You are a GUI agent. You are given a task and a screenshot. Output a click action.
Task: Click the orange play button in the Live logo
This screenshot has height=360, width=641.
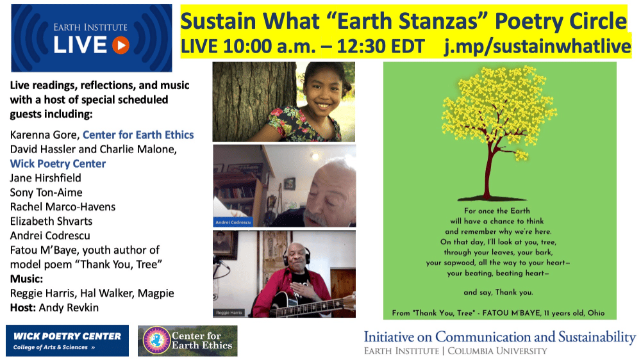coord(121,45)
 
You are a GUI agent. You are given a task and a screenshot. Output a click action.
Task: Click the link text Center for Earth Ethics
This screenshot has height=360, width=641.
coord(138,135)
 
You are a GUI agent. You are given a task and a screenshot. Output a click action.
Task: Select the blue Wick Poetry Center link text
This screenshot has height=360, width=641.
coord(58,164)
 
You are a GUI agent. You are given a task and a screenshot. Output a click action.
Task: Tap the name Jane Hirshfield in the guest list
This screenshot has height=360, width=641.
coord(46,178)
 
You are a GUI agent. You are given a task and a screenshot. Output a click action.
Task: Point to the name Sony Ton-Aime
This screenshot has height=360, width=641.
coord(46,192)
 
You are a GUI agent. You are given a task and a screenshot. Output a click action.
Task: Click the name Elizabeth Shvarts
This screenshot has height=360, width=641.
coord(51,221)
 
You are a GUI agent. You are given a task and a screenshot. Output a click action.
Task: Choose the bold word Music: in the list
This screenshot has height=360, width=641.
coord(26,279)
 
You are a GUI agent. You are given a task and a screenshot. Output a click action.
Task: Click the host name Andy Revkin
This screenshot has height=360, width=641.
coord(69,307)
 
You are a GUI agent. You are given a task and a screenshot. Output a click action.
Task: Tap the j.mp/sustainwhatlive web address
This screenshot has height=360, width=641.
coord(538,46)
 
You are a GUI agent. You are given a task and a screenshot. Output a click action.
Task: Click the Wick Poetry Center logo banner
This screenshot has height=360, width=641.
coord(67,340)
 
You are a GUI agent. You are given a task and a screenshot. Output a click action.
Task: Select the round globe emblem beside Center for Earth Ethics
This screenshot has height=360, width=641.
coord(156,340)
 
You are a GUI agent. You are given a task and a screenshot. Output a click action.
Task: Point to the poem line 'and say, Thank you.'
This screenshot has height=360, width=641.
coord(498,292)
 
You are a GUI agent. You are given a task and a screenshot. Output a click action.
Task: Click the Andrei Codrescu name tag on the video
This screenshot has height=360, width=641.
coord(233,222)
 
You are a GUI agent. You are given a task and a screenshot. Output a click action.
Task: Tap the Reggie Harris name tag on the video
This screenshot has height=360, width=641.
coord(229,313)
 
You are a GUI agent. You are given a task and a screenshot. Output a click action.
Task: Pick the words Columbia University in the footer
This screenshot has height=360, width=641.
coord(497,351)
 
